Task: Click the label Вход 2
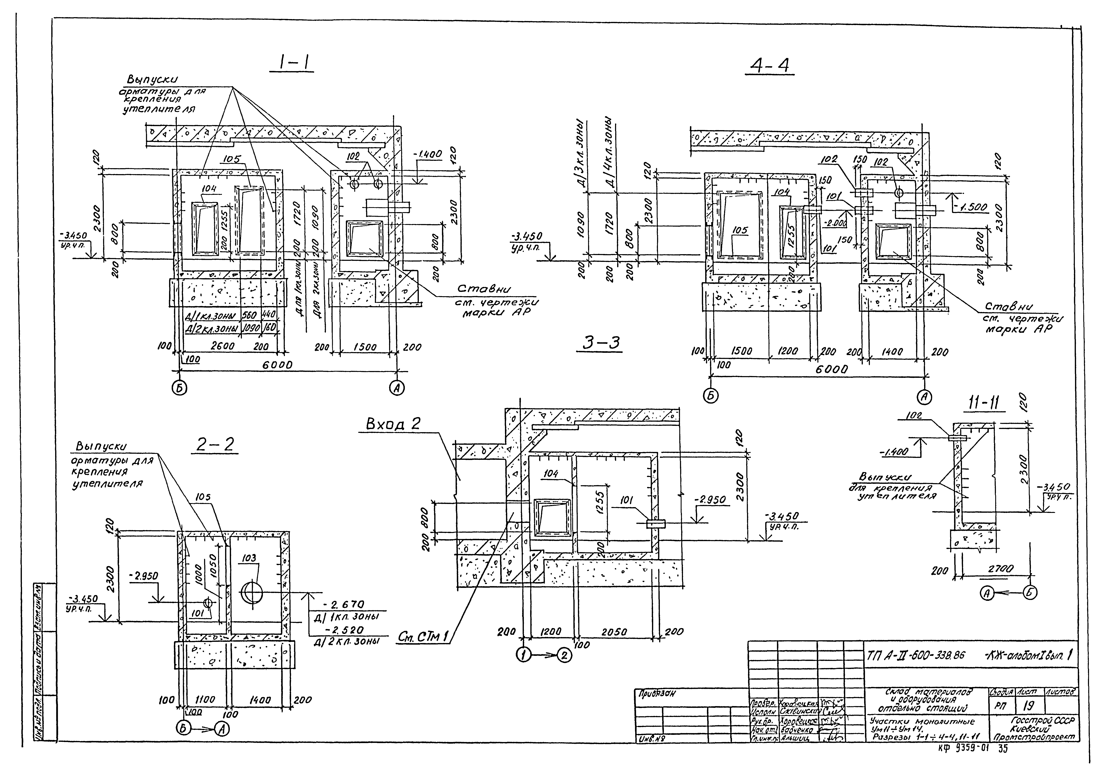(393, 424)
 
